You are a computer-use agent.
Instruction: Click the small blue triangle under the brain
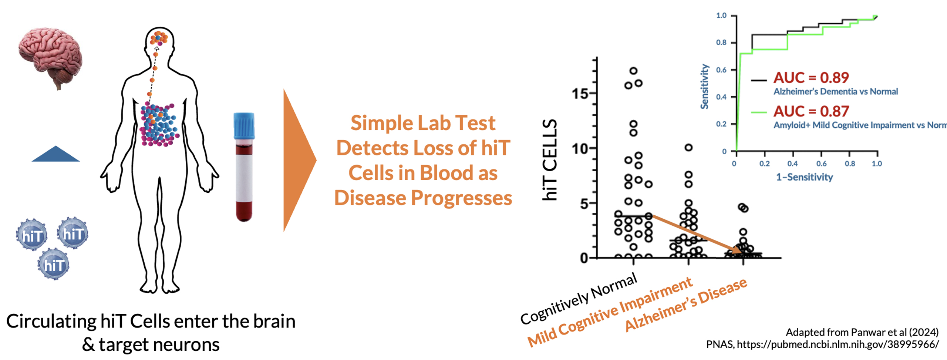pyautogui.click(x=55, y=154)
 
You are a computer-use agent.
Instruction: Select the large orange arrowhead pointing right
pyautogui.click(x=298, y=160)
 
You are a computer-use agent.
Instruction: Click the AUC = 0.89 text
pyautogui.click(x=811, y=78)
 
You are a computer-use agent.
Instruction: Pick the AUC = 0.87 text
pyautogui.click(x=811, y=111)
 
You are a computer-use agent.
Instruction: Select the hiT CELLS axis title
pyautogui.click(x=550, y=160)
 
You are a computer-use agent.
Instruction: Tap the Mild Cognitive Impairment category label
pyautogui.click(x=610, y=312)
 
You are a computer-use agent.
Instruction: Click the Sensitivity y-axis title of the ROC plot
pyautogui.click(x=704, y=87)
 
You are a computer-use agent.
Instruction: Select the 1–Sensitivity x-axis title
pyautogui.click(x=804, y=177)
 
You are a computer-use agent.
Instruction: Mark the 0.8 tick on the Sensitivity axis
pyautogui.click(x=721, y=43)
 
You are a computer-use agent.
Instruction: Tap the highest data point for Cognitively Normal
pyautogui.click(x=633, y=71)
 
